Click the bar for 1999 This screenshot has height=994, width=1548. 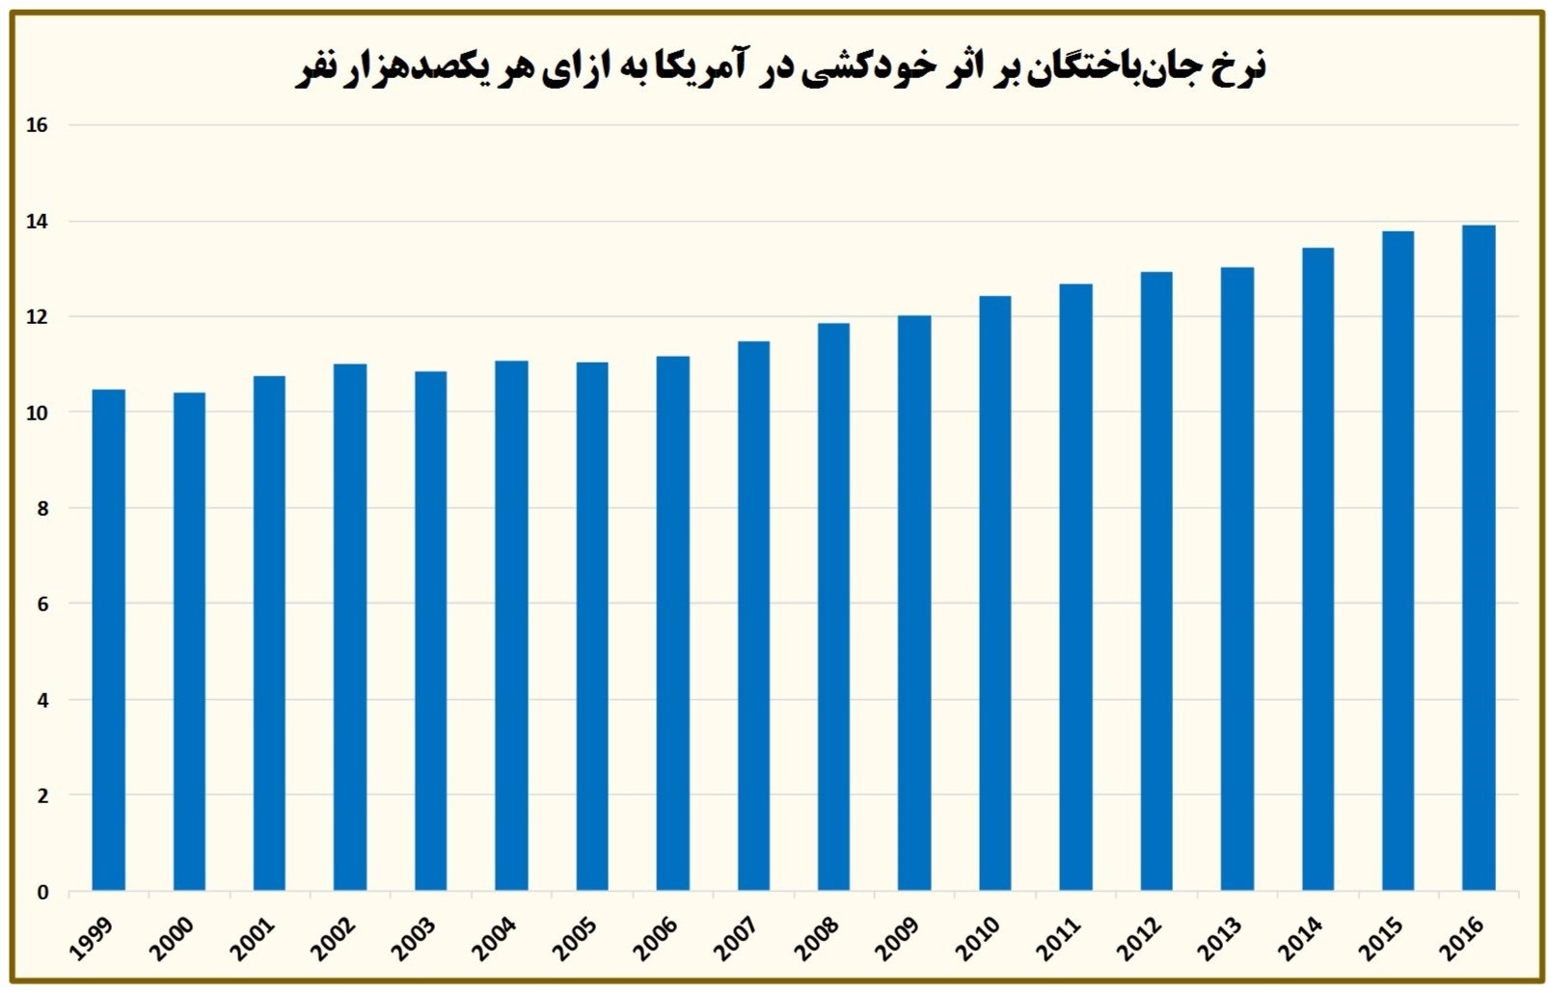[x=109, y=640]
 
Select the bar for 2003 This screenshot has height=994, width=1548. [x=431, y=631]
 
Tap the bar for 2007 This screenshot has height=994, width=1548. [x=753, y=616]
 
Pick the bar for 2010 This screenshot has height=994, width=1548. [x=995, y=593]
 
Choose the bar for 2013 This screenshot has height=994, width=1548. [x=1236, y=578]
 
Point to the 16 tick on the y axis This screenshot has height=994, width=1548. [x=38, y=125]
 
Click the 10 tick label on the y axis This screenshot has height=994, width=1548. [x=38, y=413]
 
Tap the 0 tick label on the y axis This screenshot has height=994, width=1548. [x=42, y=892]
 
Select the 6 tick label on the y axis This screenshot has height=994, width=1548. [x=42, y=604]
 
